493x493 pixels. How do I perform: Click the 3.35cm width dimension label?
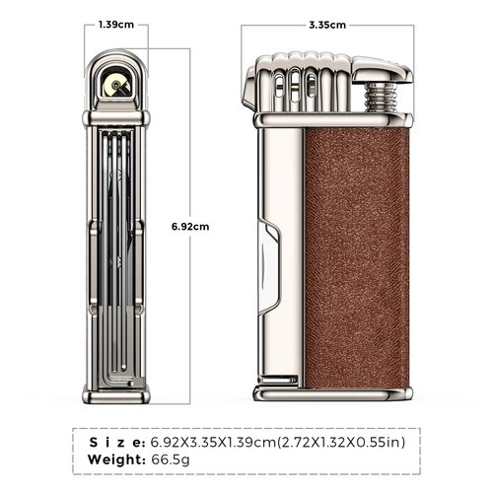(x=327, y=25)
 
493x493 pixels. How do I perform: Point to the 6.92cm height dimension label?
(x=190, y=226)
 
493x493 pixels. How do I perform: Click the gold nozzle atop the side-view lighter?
(x=117, y=86)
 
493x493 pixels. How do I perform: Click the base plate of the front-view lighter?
(x=330, y=392)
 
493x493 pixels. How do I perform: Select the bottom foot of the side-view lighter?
(x=117, y=394)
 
